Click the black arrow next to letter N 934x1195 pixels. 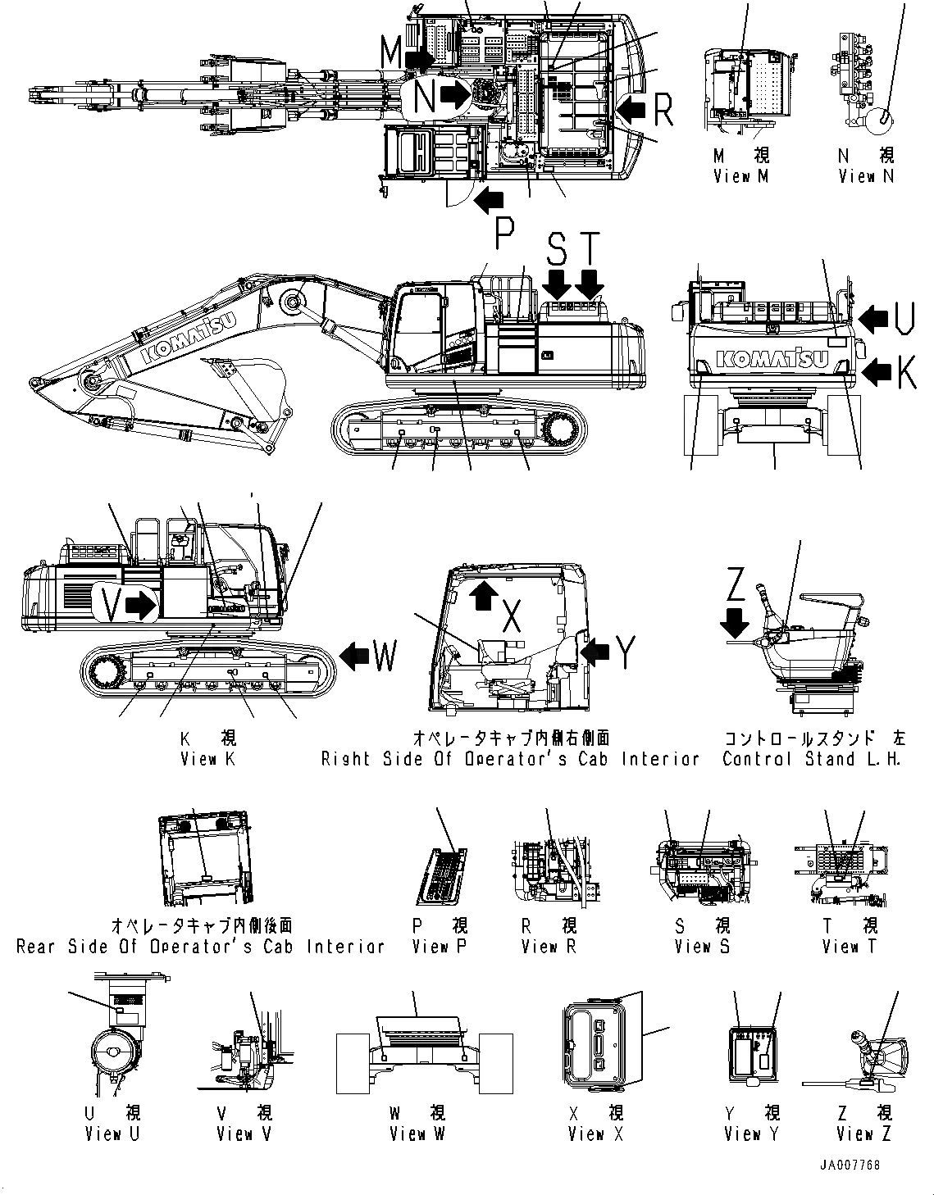click(x=453, y=96)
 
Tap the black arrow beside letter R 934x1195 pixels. click(x=631, y=107)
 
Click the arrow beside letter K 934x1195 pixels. click(x=876, y=373)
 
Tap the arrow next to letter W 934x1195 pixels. click(x=354, y=656)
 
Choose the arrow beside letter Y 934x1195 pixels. click(x=595, y=652)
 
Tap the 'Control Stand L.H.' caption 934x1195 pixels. click(x=813, y=759)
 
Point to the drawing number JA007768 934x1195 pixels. click(x=849, y=1165)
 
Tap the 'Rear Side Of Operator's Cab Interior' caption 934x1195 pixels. click(x=200, y=947)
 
